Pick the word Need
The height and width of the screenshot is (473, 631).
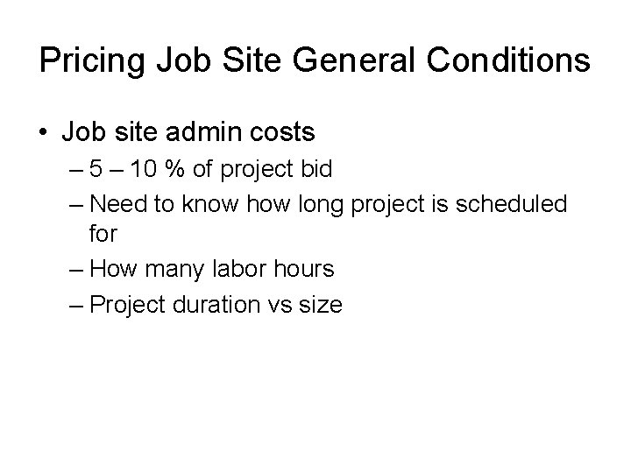[x=120, y=205]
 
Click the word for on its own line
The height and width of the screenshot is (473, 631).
[x=103, y=236]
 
